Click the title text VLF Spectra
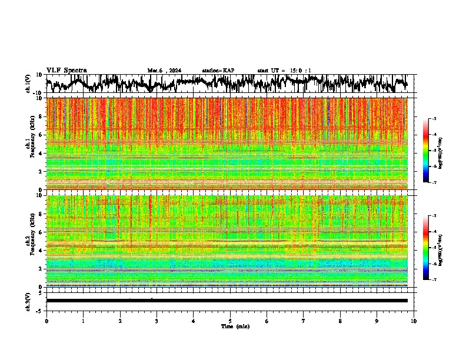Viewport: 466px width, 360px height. [x=66, y=70]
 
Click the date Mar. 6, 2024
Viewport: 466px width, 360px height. [x=164, y=71]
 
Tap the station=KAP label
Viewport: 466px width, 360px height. [x=218, y=71]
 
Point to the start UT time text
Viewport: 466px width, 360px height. [x=284, y=71]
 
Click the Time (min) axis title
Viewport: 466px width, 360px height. [x=235, y=326]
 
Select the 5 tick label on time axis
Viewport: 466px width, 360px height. [x=230, y=321]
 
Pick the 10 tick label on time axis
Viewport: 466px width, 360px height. [x=414, y=321]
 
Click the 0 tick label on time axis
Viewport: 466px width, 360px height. [x=46, y=321]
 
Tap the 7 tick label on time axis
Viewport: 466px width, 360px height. [x=304, y=321]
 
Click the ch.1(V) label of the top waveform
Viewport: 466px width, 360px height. [x=28, y=84]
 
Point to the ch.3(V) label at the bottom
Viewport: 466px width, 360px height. [x=28, y=300]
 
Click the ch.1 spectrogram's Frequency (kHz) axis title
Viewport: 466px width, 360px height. [x=29, y=144]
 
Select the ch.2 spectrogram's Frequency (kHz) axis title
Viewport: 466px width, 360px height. [x=29, y=241]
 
